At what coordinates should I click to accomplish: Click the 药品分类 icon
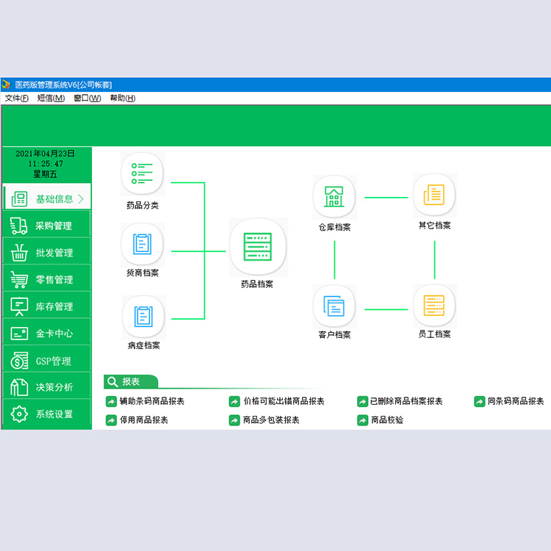pyautogui.click(x=143, y=173)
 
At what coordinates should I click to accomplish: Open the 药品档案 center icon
pyautogui.click(x=258, y=246)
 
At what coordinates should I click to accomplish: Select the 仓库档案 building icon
pyautogui.click(x=334, y=196)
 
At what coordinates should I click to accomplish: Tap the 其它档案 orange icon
pyautogui.click(x=434, y=195)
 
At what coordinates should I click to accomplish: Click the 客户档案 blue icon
pyautogui.click(x=334, y=306)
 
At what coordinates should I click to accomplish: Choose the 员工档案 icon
pyautogui.click(x=434, y=306)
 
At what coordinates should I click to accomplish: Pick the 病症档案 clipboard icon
pyautogui.click(x=144, y=316)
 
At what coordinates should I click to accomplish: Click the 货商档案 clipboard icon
pyautogui.click(x=143, y=244)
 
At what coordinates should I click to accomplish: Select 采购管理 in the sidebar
pyautogui.click(x=46, y=226)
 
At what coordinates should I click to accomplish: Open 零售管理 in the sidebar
pyautogui.click(x=46, y=279)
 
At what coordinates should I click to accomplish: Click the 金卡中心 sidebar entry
pyautogui.click(x=46, y=333)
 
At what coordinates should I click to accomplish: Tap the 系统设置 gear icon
pyautogui.click(x=19, y=414)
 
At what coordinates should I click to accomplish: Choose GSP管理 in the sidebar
pyautogui.click(x=46, y=361)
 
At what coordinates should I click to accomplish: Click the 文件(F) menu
pyautogui.click(x=16, y=98)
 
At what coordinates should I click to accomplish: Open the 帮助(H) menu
pyautogui.click(x=123, y=98)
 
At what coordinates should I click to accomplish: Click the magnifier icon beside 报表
pyautogui.click(x=112, y=381)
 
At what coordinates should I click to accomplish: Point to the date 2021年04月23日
pyautogui.click(x=45, y=154)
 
